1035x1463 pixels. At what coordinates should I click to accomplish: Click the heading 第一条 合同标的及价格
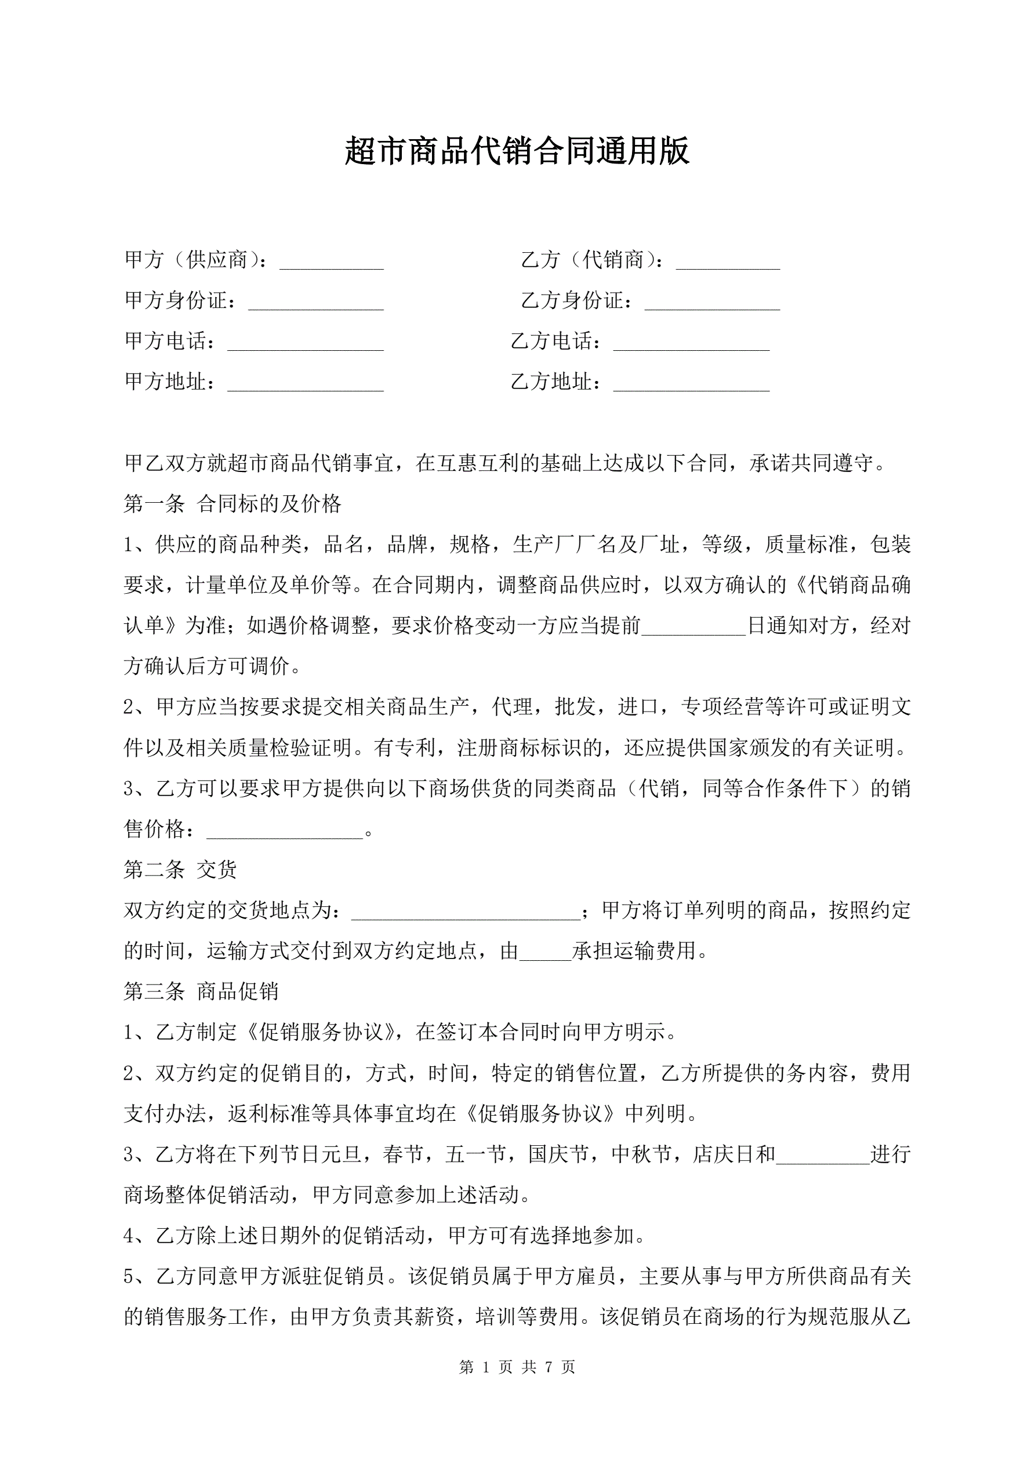[233, 504]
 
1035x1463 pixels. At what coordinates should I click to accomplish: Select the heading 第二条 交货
[180, 870]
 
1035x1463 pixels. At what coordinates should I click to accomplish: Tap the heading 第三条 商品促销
[201, 992]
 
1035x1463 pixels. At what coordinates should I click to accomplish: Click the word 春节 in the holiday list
[403, 1155]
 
